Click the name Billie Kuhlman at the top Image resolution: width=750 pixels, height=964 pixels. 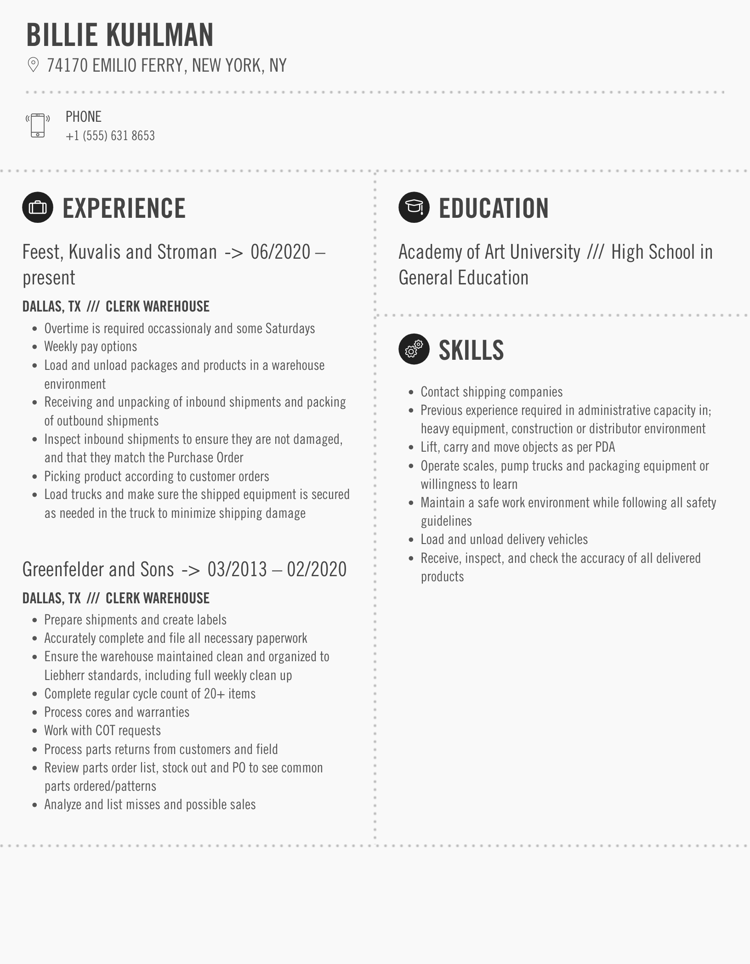pos(120,35)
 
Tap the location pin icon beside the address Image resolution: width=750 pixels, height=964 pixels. pos(33,65)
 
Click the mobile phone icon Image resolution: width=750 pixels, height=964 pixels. pos(38,125)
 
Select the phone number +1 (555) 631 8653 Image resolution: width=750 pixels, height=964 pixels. pos(110,136)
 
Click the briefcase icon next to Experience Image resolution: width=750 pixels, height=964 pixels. pos(38,208)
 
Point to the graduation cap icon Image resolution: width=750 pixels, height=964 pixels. pos(414,208)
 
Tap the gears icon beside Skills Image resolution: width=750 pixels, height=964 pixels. pos(414,349)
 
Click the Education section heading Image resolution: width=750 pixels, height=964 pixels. pos(494,208)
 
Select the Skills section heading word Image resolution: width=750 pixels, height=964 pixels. pos(471,350)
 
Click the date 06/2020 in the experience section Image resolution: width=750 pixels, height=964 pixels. pos(281,252)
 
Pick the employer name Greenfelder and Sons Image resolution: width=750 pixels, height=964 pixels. pos(98,570)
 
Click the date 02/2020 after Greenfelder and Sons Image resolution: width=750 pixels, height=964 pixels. pos(317,570)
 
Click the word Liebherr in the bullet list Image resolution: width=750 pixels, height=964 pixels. pos(65,675)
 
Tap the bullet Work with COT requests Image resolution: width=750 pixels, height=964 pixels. pos(102,731)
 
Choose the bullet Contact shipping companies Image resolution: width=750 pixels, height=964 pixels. pos(491,392)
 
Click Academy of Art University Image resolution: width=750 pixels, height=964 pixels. pos(489,252)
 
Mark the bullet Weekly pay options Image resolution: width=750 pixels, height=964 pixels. pos(91,346)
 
